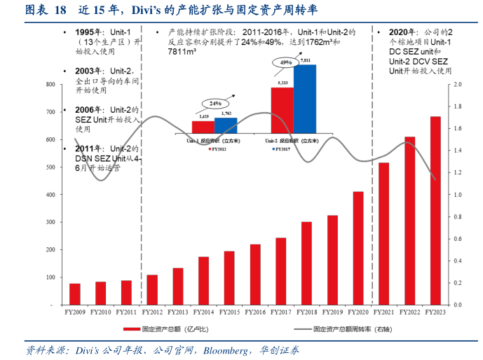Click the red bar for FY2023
(x=436, y=211)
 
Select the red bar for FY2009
(x=74, y=294)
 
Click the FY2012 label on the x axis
(x=152, y=312)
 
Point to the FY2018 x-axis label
(x=306, y=312)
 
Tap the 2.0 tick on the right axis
(x=458, y=85)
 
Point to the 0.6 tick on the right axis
(x=458, y=239)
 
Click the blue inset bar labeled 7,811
(x=305, y=98)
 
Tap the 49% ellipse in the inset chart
(x=286, y=62)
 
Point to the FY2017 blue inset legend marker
(x=269, y=149)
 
